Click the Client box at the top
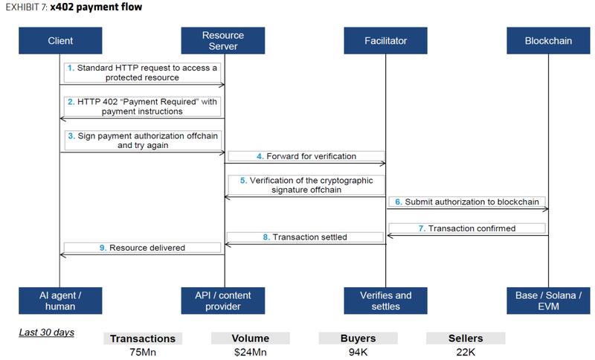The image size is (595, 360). point(59,41)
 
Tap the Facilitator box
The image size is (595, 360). point(386,41)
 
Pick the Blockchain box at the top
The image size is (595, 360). point(547,41)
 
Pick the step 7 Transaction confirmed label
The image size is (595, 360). point(467,228)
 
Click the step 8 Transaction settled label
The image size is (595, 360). point(305,237)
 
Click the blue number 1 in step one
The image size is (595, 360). point(71,68)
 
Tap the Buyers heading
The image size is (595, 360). point(358,338)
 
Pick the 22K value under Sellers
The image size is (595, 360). point(466,353)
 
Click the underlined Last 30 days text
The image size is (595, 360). point(46,332)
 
